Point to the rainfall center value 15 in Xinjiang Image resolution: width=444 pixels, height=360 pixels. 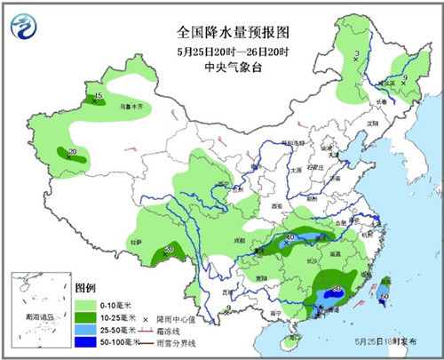[x=99, y=95]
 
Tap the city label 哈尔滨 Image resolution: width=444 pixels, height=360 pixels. [x=388, y=82]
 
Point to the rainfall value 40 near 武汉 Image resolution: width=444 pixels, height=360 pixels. [x=289, y=236]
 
